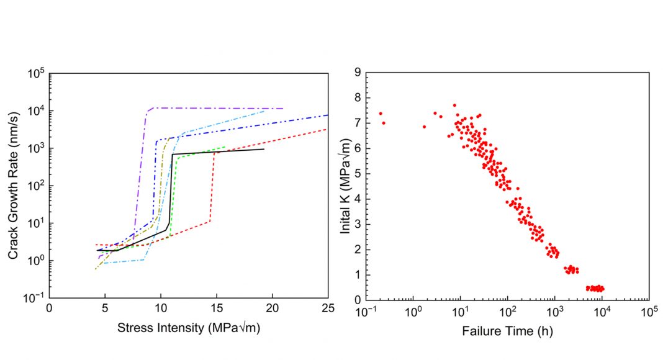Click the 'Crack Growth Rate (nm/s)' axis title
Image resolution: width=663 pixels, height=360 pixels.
click(13, 185)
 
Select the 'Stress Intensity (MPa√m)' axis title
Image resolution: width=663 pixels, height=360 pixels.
click(188, 328)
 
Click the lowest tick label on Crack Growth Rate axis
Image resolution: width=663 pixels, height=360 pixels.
click(34, 298)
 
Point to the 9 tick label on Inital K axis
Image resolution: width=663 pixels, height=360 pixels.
click(358, 73)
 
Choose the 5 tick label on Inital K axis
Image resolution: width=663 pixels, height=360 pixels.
click(358, 174)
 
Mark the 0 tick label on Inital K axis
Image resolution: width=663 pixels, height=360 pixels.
click(358, 300)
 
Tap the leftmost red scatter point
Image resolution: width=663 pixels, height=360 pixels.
click(381, 114)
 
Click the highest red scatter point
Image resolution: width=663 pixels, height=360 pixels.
click(454, 106)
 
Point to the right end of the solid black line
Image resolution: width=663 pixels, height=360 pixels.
click(264, 149)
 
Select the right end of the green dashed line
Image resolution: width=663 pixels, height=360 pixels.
click(225, 147)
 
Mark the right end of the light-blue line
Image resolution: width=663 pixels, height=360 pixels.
click(264, 110)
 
